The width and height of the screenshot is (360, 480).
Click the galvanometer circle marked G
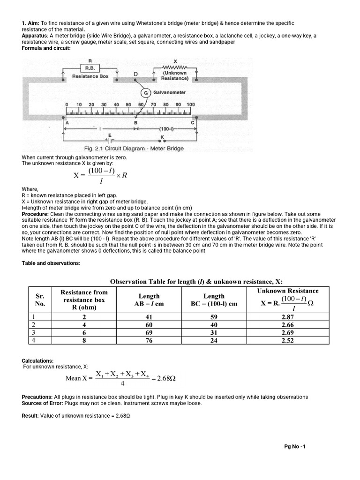(x=146, y=93)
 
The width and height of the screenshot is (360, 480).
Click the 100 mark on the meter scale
(x=190, y=104)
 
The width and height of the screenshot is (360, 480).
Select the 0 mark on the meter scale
(x=67, y=104)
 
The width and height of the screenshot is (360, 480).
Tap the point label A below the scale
(x=67, y=123)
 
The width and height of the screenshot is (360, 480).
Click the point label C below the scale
(x=192, y=123)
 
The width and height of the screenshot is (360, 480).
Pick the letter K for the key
(x=162, y=136)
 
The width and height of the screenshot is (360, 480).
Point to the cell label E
(x=109, y=135)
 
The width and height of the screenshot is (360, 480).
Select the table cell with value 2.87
(x=287, y=317)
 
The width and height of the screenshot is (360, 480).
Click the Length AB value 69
(x=149, y=333)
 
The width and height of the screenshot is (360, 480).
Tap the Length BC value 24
(x=220, y=341)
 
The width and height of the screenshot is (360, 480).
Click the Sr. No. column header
(x=40, y=300)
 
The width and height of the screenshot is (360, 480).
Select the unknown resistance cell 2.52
(x=287, y=341)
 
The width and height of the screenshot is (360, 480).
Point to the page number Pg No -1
(x=294, y=446)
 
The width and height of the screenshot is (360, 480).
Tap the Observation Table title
(x=196, y=281)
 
